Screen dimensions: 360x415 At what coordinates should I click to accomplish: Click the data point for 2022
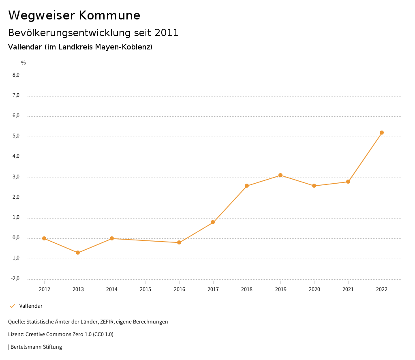pyautogui.click(x=382, y=133)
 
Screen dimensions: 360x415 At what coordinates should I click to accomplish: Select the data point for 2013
pyautogui.click(x=78, y=253)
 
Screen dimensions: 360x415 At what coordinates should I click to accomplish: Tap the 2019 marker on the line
pyautogui.click(x=280, y=175)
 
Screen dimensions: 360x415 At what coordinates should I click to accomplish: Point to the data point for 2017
pyautogui.click(x=213, y=222)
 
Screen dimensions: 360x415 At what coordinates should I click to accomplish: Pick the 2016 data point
pyautogui.click(x=179, y=242)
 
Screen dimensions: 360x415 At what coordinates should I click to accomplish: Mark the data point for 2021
pyautogui.click(x=348, y=182)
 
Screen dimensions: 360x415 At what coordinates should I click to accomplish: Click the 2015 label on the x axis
pyautogui.click(x=145, y=289)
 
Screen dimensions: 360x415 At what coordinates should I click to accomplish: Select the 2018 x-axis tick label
pyautogui.click(x=247, y=289)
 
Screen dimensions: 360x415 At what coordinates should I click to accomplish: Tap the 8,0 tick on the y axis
pyautogui.click(x=16, y=75)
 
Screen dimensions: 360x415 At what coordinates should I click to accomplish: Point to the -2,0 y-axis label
pyautogui.click(x=15, y=279)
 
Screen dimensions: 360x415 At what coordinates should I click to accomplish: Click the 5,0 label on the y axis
pyautogui.click(x=16, y=136)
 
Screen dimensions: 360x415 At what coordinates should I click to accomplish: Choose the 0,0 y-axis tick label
pyautogui.click(x=16, y=238)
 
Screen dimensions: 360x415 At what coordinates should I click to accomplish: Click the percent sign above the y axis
pyautogui.click(x=23, y=63)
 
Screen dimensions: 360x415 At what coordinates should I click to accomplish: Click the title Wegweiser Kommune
pyautogui.click(x=74, y=15)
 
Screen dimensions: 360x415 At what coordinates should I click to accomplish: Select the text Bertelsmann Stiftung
pyautogui.click(x=36, y=347)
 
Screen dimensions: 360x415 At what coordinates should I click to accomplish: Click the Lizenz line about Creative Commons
pyautogui.click(x=61, y=334)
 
